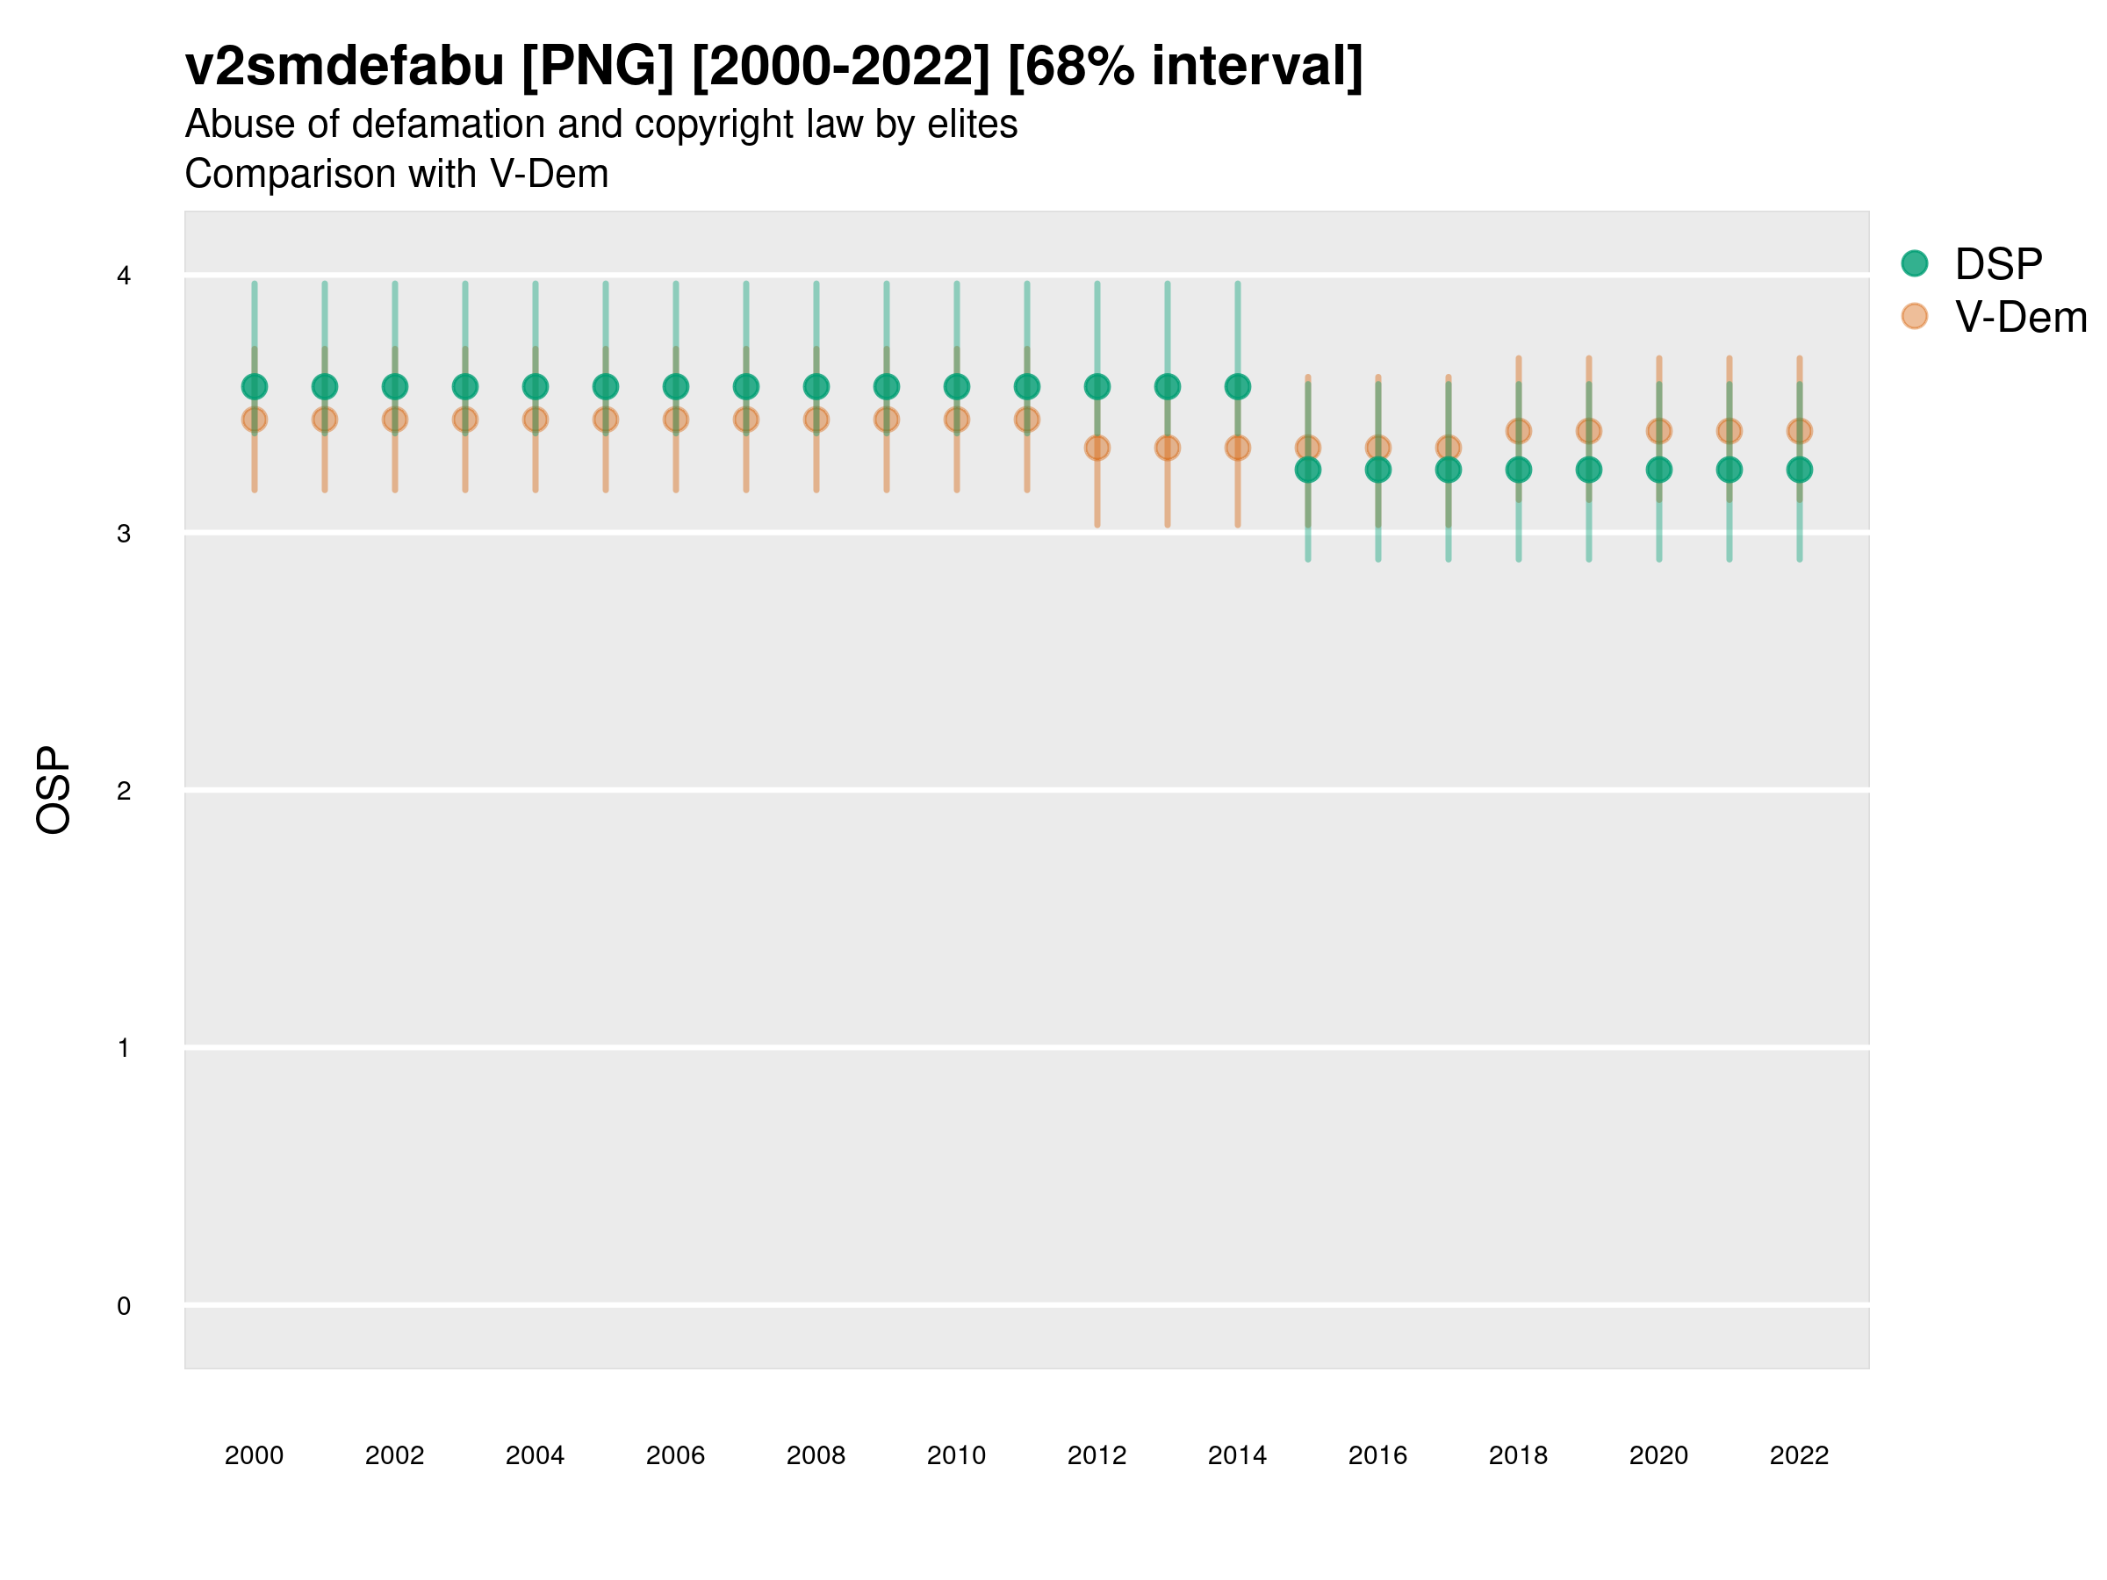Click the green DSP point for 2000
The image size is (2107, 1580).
pos(255,387)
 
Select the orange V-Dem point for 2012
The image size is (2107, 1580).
pos(1097,448)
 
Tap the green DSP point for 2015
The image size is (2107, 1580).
pos(1308,470)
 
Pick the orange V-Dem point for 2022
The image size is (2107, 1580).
pos(1800,432)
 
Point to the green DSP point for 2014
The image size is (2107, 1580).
pos(1237,387)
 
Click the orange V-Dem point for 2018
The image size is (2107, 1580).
pos(1518,432)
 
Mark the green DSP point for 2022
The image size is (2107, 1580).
pos(1800,470)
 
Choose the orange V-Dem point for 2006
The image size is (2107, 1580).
pos(675,419)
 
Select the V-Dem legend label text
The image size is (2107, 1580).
pos(2020,317)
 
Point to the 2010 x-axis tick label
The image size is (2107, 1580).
pos(956,1455)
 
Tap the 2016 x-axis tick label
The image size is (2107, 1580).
pos(1377,1455)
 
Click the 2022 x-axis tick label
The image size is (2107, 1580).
pos(1798,1455)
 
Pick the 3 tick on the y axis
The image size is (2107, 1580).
pos(124,534)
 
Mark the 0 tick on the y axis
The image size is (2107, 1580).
pos(124,1306)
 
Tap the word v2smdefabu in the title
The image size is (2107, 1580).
pos(345,67)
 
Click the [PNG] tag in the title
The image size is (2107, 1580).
pos(597,67)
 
